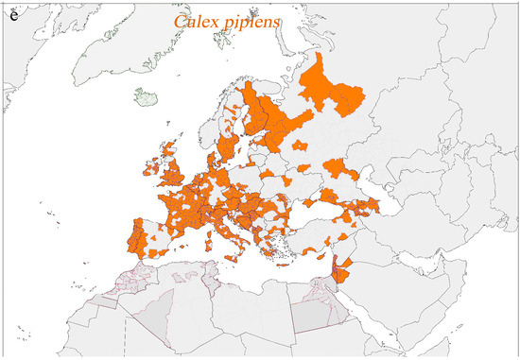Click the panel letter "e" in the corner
tap(12, 13)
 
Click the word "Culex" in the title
tap(196, 22)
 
